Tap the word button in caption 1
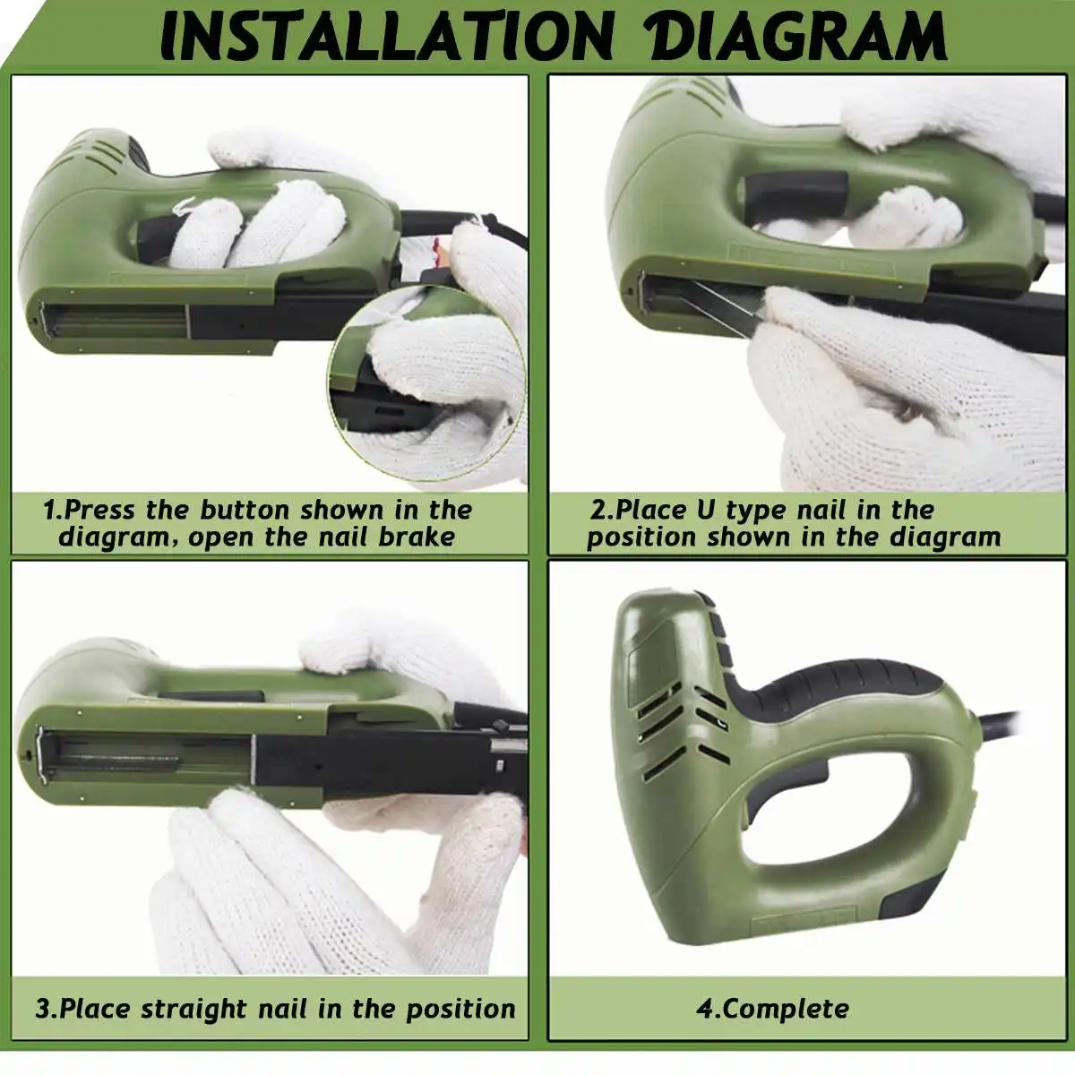click(245, 510)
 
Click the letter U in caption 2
click(706, 510)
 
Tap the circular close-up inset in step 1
click(426, 383)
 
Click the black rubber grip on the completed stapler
click(837, 684)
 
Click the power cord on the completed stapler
click(999, 719)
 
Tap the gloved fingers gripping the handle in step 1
click(256, 228)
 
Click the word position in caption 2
click(641, 537)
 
